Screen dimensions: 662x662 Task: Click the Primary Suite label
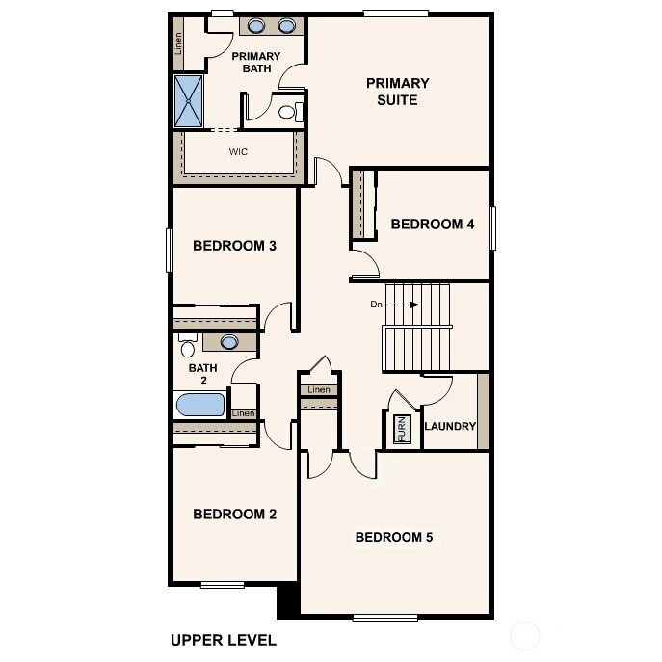coord(397,92)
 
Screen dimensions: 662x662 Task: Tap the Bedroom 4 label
coord(433,224)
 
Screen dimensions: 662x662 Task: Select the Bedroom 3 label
coord(234,246)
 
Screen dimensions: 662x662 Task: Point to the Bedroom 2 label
coord(235,514)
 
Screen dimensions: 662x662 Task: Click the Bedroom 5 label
coord(394,537)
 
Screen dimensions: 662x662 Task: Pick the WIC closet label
coord(238,151)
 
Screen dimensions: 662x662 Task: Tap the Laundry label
coord(450,426)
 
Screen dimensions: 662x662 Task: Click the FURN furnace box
coord(402,429)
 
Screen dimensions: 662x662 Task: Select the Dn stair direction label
coord(376,304)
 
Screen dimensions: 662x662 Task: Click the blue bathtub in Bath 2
coord(200,405)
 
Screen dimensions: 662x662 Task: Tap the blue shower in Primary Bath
coord(188,101)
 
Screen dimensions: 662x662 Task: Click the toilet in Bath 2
coord(188,345)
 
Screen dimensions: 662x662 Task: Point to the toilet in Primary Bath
coord(291,112)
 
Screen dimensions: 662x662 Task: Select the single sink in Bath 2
coord(229,341)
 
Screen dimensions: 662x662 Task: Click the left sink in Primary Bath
coord(256,26)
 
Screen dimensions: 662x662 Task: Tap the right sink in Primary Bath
coord(286,26)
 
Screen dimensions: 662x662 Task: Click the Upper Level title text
coord(224,640)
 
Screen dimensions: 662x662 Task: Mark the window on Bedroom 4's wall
coord(492,228)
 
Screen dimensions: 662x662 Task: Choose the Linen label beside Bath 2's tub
coord(243,413)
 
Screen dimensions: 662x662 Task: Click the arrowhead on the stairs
coord(414,305)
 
